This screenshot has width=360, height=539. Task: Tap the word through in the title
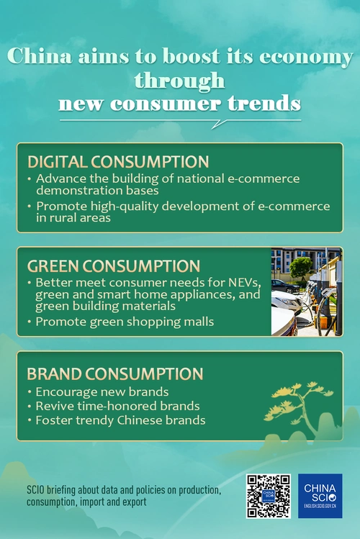pyautogui.click(x=179, y=80)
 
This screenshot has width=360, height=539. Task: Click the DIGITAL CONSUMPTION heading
pyautogui.click(x=118, y=161)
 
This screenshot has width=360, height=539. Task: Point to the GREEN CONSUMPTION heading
pyautogui.click(x=113, y=265)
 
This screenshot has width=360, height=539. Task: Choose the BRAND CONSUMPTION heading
pyautogui.click(x=114, y=373)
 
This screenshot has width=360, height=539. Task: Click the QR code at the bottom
pyautogui.click(x=268, y=496)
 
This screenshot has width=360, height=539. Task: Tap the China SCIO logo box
pyautogui.click(x=320, y=496)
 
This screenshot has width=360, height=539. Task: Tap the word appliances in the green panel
pyautogui.click(x=196, y=294)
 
